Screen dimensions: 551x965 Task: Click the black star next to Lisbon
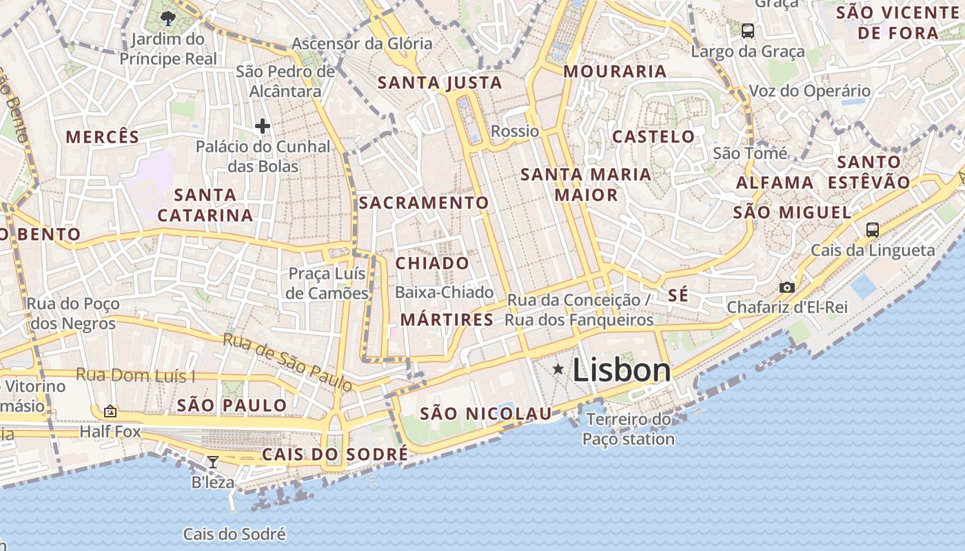coord(558,370)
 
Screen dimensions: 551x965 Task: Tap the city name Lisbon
coord(621,370)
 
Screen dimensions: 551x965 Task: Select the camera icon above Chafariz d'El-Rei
coord(786,287)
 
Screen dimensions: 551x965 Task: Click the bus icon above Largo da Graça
coord(747,30)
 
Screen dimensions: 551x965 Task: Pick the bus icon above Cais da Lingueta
coord(872,230)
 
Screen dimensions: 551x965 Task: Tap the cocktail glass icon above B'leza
coord(213,461)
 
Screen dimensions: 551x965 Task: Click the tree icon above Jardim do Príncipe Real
coord(167,18)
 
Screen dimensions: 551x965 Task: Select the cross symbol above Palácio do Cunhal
coord(262,126)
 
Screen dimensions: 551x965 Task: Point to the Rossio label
coord(515,131)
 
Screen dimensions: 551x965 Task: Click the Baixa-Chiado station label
coord(444,292)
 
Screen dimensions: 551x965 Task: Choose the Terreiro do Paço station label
coord(628,428)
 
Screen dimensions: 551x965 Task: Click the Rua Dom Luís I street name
coord(135,375)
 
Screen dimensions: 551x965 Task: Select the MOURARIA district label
coord(615,71)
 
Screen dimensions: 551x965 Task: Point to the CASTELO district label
coord(653,136)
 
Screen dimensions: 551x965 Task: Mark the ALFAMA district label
coord(775,183)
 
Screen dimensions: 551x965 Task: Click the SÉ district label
coord(678,295)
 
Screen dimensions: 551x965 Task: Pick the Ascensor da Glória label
coord(362,43)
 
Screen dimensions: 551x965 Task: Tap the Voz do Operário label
coord(809,91)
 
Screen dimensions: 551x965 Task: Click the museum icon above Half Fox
coord(110,412)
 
